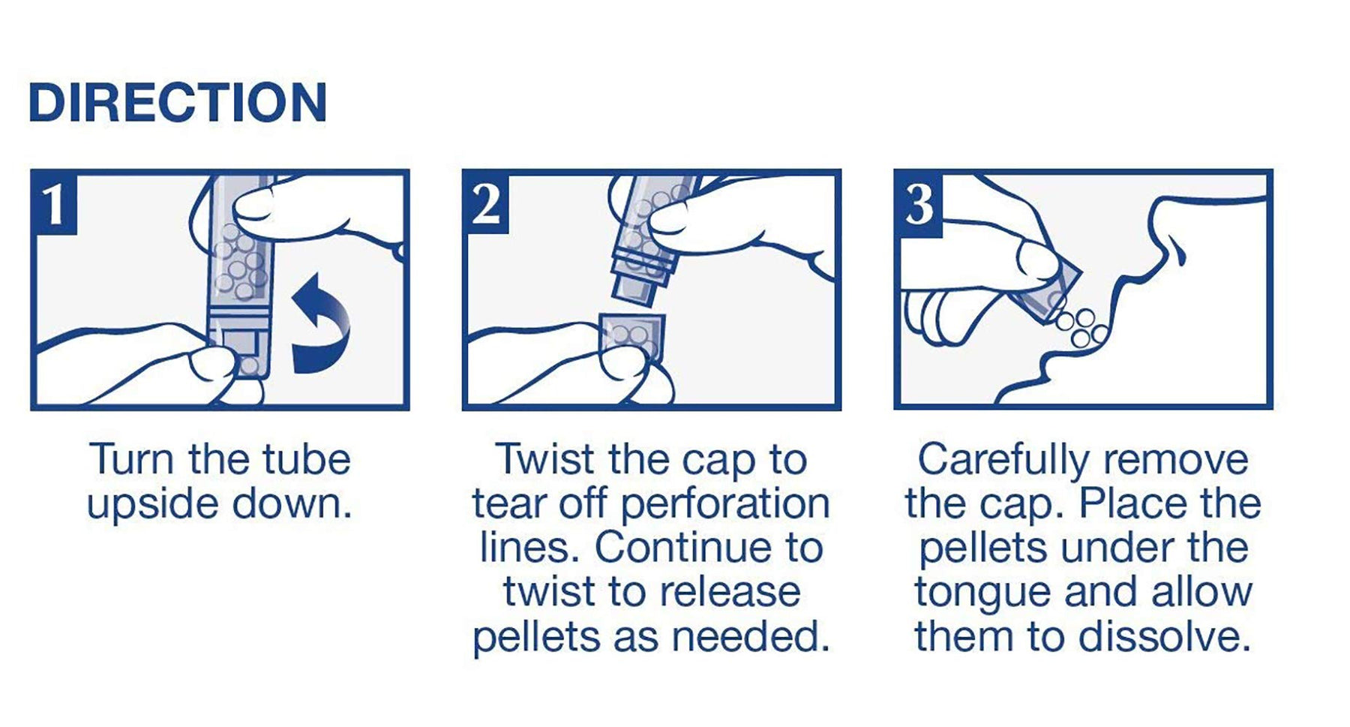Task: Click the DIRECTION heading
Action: point(178,103)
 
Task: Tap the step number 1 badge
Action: point(55,203)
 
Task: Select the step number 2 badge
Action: point(486,203)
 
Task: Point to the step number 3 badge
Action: point(919,203)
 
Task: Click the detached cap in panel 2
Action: point(632,339)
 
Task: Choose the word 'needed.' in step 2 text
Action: point(751,637)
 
